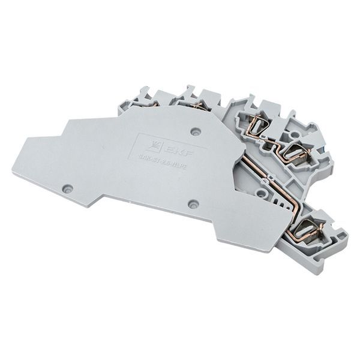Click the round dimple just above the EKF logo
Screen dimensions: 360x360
(x=194, y=130)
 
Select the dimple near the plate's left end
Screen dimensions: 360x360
(x=67, y=188)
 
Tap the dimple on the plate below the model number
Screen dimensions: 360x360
(x=193, y=204)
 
